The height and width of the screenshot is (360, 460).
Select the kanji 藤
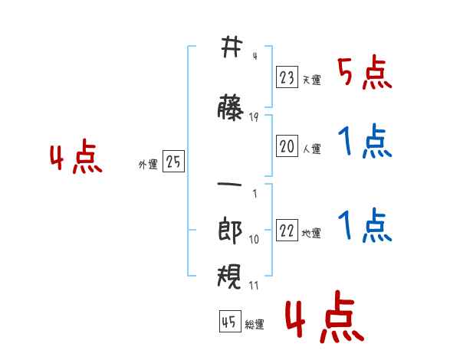tap(230, 107)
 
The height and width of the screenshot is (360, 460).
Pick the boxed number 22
tap(287, 231)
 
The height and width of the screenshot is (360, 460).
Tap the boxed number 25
tap(174, 162)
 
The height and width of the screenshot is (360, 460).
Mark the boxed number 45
tap(228, 322)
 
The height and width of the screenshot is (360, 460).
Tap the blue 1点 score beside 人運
tap(364, 142)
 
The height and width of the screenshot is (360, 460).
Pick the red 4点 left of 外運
tap(75, 159)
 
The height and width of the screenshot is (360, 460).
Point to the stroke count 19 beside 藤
tap(254, 117)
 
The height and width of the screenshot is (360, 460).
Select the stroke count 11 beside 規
tap(254, 286)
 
